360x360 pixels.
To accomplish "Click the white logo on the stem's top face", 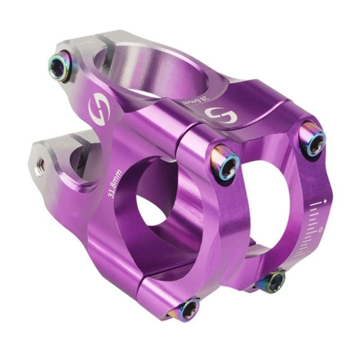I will pos(221,116).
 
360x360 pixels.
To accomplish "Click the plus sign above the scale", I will pos(324,198).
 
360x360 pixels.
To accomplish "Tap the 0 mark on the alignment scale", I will pos(321,229).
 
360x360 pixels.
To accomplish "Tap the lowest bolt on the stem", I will pos(188,310).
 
